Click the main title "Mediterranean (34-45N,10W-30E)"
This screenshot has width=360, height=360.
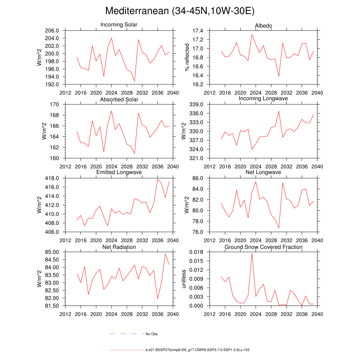pos(180,11)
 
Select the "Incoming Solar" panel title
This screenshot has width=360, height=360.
pos(119,25)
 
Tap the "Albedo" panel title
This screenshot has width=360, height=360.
pos(263,26)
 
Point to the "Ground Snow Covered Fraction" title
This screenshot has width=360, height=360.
pos(263,247)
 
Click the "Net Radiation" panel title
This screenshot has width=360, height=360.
pos(119,247)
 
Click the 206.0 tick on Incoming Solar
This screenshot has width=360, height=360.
pos(57,31)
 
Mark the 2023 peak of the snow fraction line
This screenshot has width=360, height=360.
pos(252,253)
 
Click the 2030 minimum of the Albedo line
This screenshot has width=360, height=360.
pos(279,76)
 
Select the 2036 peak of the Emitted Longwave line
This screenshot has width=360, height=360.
pos(157,179)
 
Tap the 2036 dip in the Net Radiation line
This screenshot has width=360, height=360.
pos(157,299)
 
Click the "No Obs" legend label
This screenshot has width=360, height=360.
pos(152,334)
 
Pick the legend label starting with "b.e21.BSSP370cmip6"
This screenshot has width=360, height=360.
pos(197,350)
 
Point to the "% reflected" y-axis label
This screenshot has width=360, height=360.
pos(187,57)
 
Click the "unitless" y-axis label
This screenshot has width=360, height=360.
pos(184,279)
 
